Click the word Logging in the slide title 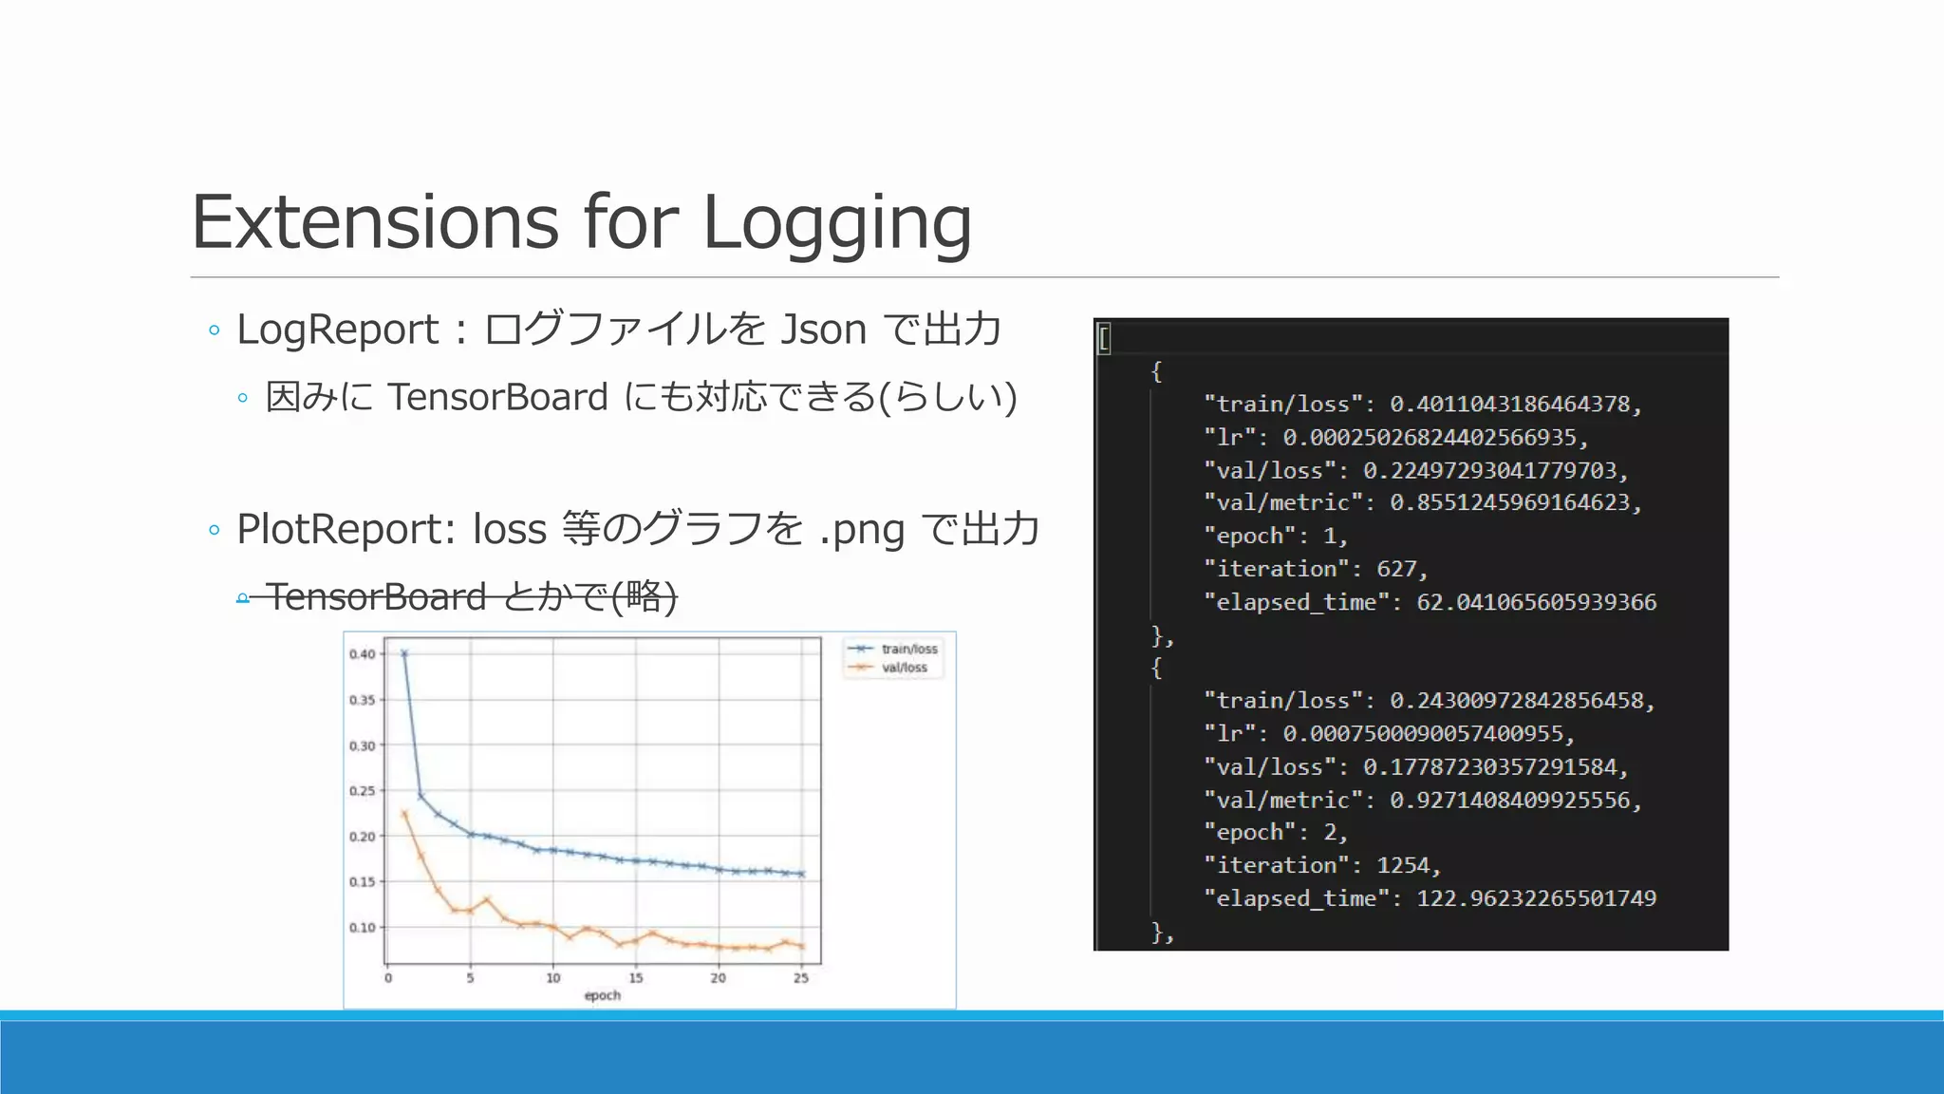tap(836, 224)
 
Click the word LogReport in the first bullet tap(338, 330)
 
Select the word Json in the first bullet tap(823, 330)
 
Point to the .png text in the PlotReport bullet tap(861, 530)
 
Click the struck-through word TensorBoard tap(376, 596)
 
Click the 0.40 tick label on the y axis tap(362, 654)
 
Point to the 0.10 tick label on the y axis tap(362, 928)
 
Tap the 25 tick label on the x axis tap(801, 978)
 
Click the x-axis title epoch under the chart tap(602, 995)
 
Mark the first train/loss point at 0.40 tap(404, 653)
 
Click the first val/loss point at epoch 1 tap(404, 814)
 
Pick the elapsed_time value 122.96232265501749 tap(1536, 898)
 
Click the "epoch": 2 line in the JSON tap(1276, 833)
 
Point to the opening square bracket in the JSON tap(1104, 338)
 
